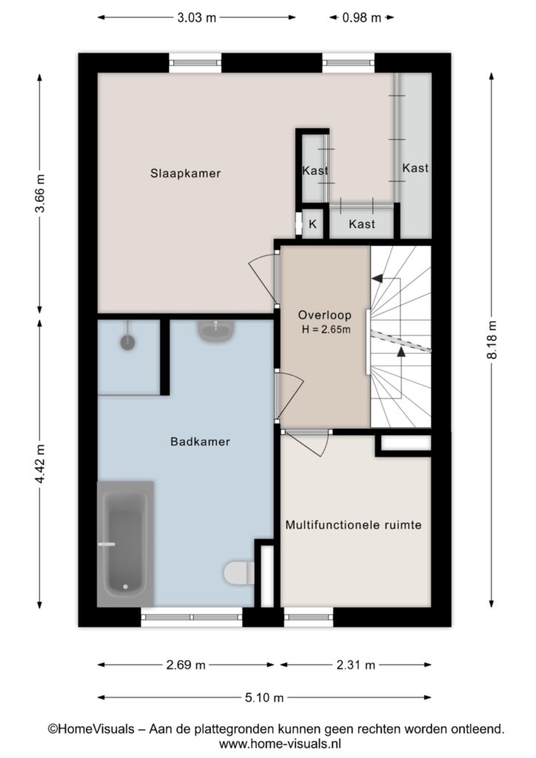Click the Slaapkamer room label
185,173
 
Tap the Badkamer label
200,441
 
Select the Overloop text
324,315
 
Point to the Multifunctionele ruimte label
353,525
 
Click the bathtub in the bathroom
125,544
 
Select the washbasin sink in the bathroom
216,331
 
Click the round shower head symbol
127,342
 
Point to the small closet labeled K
312,224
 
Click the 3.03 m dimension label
197,18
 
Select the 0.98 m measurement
361,18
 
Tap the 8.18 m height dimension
492,339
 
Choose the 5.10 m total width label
264,697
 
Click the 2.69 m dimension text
186,665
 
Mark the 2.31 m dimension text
355,665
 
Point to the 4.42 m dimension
40,463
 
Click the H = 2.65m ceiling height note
326,330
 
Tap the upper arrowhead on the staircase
378,278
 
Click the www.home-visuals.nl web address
280,743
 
